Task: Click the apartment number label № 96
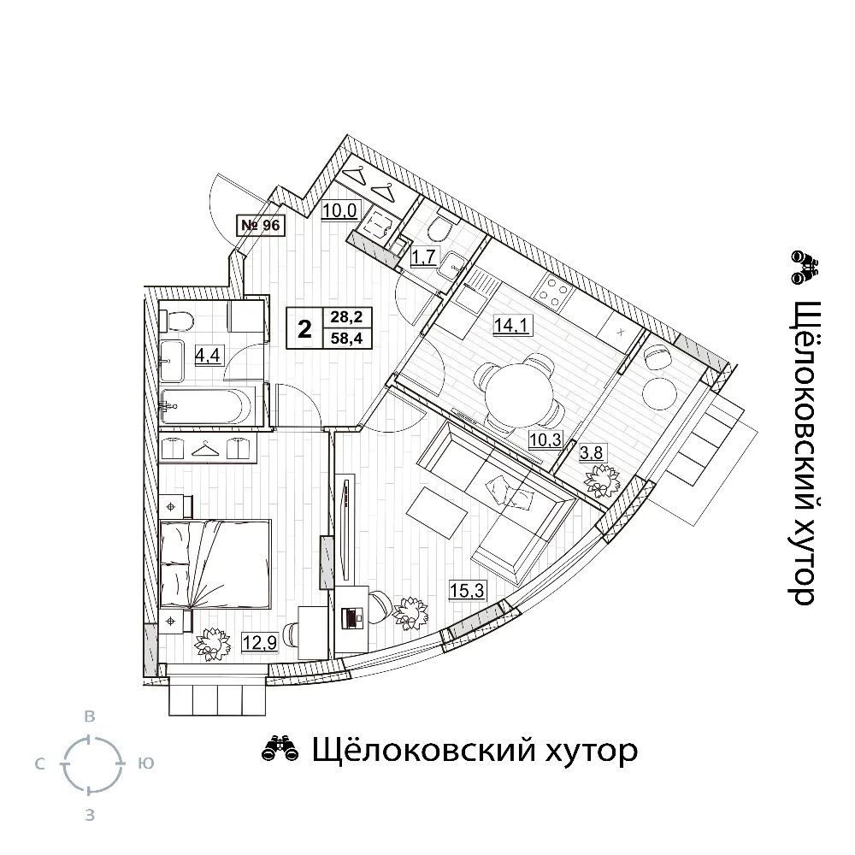[261, 225]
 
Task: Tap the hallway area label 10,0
[339, 210]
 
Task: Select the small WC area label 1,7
[423, 256]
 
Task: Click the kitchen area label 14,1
[511, 326]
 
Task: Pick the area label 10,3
[545, 439]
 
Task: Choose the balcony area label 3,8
[592, 452]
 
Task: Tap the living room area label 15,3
[468, 590]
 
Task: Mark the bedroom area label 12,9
[260, 643]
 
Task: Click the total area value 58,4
[347, 338]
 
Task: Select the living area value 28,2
[347, 316]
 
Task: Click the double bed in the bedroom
[215, 564]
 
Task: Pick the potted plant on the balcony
[601, 481]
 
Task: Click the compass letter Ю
[145, 764]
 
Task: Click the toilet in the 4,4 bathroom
[177, 320]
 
